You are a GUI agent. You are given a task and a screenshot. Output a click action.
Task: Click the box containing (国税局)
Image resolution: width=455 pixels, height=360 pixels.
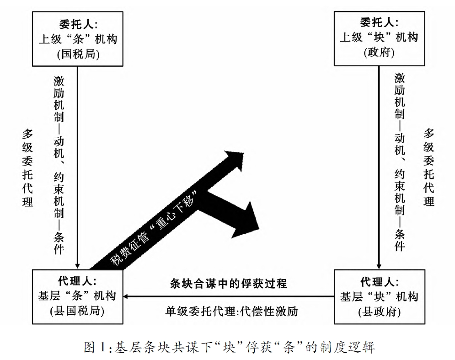78,39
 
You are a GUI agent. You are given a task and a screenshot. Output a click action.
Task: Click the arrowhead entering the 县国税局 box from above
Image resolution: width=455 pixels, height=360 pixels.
78,266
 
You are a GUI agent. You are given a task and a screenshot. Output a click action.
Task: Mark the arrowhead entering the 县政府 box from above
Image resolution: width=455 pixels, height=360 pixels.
379,266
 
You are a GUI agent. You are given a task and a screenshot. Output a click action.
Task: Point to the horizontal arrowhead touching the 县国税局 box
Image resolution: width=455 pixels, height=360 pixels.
128,296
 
